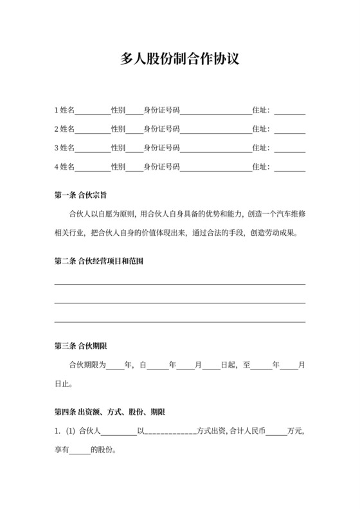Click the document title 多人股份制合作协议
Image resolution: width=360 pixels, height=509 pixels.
point(180,60)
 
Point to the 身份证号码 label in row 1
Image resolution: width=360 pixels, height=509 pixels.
point(161,111)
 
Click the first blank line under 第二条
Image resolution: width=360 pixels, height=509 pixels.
point(180,283)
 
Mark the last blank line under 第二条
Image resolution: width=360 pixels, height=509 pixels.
point(180,321)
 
